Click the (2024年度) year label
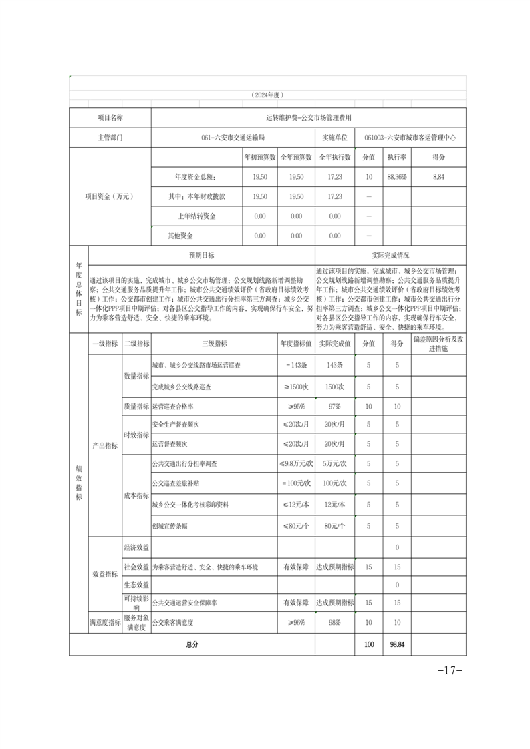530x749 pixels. tap(267, 95)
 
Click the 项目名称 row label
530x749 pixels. tap(110, 117)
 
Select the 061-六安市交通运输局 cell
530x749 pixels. tap(233, 138)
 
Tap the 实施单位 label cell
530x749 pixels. tap(334, 138)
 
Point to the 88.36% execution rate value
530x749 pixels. tap(397, 176)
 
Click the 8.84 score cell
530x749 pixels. tap(438, 176)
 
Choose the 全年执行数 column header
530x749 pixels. tap(334, 157)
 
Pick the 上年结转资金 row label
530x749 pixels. tap(196, 216)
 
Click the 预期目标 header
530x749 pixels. tap(201, 255)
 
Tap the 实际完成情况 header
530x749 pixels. tap(390, 255)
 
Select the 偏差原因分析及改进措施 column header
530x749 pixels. tap(438, 344)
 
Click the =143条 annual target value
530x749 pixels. tap(296, 365)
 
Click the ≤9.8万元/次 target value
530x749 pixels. tap(296, 463)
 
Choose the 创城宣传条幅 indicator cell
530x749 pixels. tap(170, 526)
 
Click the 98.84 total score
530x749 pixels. tap(397, 645)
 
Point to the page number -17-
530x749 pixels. tap(449, 670)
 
